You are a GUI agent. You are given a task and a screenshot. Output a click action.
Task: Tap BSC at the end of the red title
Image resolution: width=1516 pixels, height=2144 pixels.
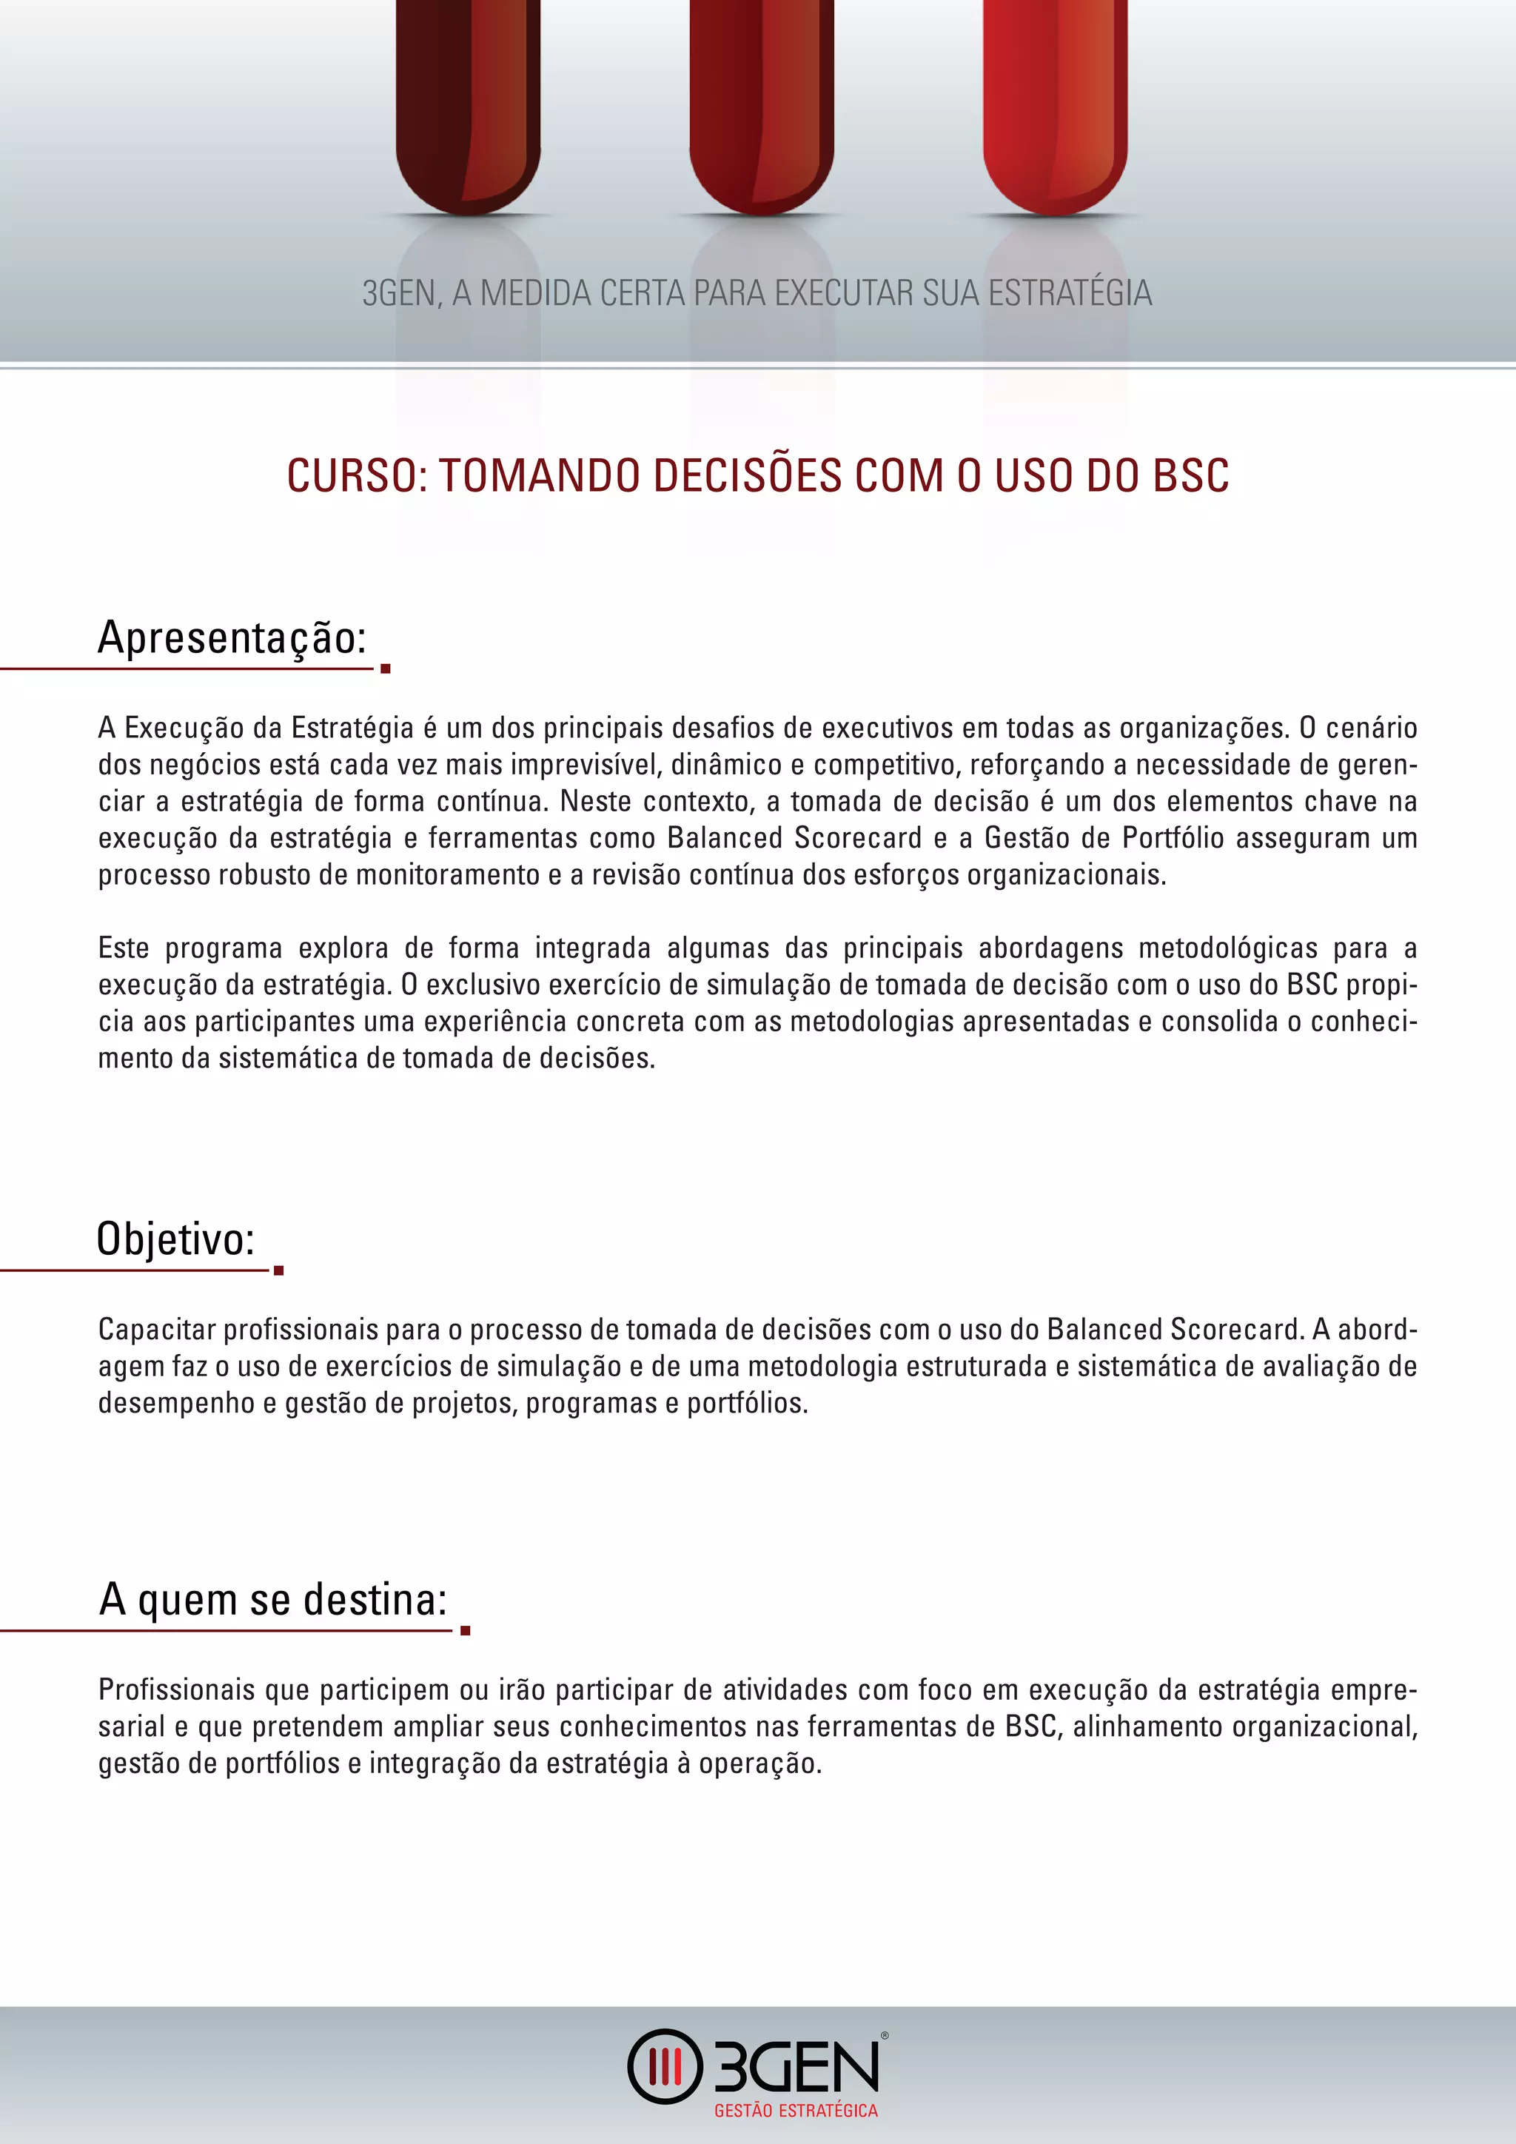[x=1190, y=476]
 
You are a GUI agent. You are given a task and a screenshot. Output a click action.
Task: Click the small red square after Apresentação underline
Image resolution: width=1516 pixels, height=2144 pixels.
[x=386, y=669]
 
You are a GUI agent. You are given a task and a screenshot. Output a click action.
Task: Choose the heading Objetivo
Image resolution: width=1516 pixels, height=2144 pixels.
[x=175, y=1240]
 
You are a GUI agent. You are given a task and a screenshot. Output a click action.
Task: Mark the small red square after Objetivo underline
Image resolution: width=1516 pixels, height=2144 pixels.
[x=278, y=1270]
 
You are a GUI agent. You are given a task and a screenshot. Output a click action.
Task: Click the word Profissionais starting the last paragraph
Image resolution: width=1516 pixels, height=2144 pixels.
[x=176, y=1690]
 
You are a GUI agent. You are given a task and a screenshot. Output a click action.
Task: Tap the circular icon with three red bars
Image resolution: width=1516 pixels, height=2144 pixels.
[x=665, y=2066]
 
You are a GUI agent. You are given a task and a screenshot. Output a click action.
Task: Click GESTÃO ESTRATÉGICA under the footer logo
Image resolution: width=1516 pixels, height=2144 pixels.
[x=795, y=2111]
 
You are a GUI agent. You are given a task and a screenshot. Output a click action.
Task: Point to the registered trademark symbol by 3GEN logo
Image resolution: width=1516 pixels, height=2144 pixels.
[x=884, y=2036]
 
